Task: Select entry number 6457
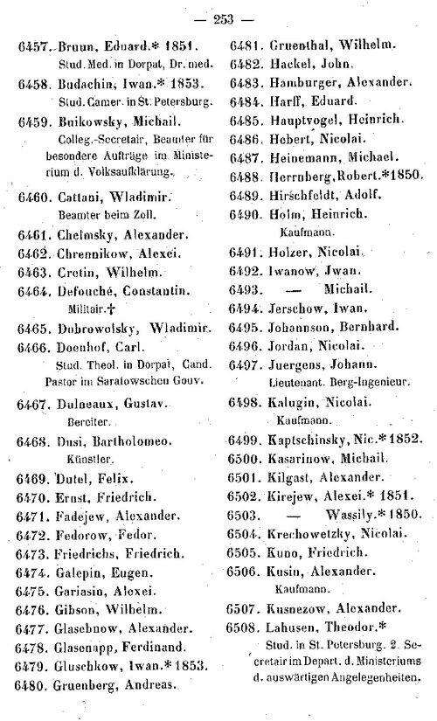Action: (x=31, y=45)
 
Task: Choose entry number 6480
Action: (x=31, y=685)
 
